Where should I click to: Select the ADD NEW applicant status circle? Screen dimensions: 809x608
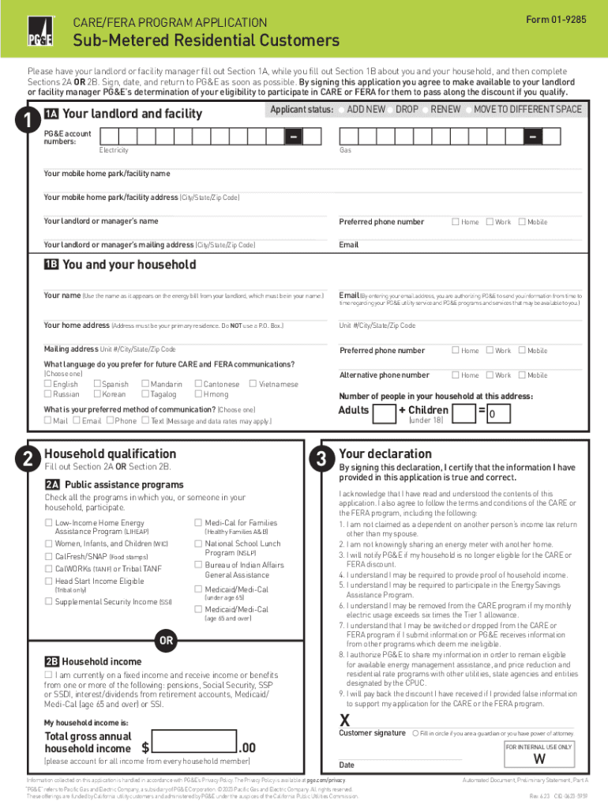pyautogui.click(x=341, y=109)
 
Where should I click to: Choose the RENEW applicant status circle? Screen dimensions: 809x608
pyautogui.click(x=425, y=109)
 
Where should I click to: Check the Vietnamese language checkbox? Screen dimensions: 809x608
pyautogui.click(x=253, y=384)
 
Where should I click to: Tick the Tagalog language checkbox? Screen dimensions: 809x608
pyautogui.click(x=145, y=394)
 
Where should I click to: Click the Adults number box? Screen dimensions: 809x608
pyautogui.click(x=384, y=413)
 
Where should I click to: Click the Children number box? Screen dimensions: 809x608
pyautogui.click(x=463, y=413)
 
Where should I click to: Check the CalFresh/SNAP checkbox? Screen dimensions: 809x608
pyautogui.click(x=48, y=556)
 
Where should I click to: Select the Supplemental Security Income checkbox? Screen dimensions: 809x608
pyautogui.click(x=48, y=602)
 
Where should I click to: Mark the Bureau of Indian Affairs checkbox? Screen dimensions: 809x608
pyautogui.click(x=198, y=565)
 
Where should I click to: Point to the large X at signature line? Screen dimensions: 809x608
pyautogui.click(x=344, y=720)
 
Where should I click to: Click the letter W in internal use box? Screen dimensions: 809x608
pyautogui.click(x=540, y=759)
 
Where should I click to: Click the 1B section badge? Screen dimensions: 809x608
pyautogui.click(x=51, y=265)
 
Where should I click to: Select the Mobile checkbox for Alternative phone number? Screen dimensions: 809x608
pyautogui.click(x=521, y=375)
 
